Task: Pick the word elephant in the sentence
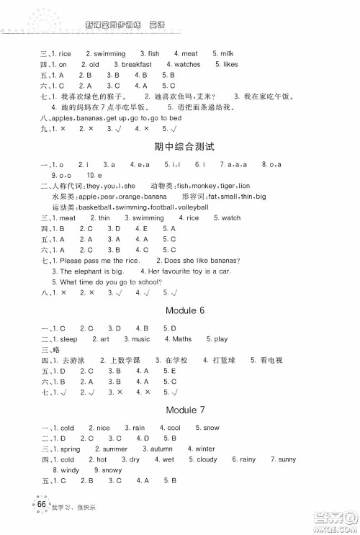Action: click(x=88, y=271)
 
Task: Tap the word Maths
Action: click(x=182, y=338)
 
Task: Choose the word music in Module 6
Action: click(x=141, y=338)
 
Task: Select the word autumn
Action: click(x=155, y=449)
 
